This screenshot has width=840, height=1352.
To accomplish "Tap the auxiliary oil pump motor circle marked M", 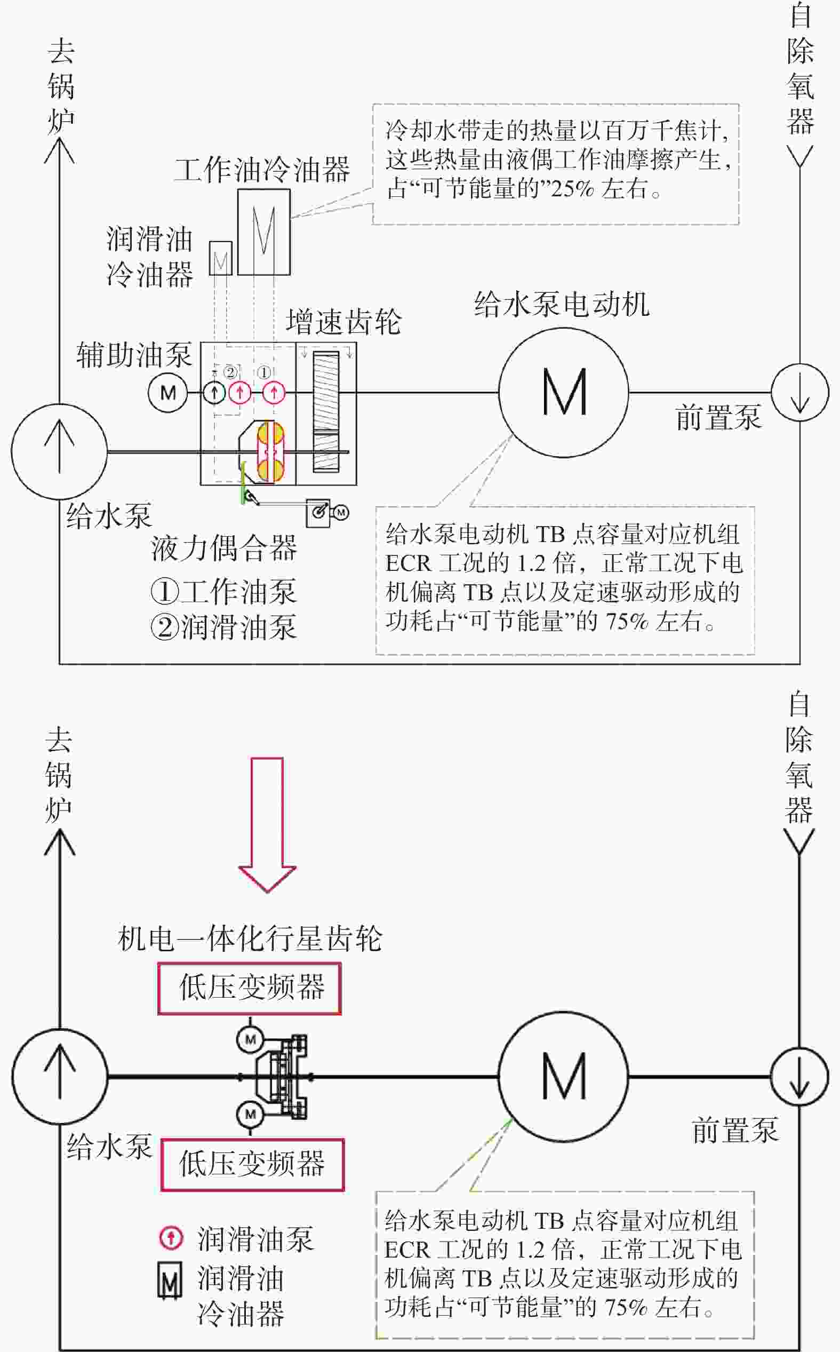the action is [x=168, y=393].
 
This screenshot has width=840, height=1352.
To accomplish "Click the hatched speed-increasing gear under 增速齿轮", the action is [x=325, y=412].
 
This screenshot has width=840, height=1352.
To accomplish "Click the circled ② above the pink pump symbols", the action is [x=230, y=372].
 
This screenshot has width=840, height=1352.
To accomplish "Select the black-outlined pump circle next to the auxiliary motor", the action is [x=214, y=393].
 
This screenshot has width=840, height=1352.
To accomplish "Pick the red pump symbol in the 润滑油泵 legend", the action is [x=171, y=1237].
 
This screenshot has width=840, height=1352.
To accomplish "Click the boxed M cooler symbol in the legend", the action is [x=170, y=1282].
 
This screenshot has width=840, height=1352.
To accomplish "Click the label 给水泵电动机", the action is [x=562, y=305].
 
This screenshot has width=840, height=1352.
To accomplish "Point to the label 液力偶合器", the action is [x=224, y=548].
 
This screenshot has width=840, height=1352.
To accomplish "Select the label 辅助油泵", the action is [x=134, y=355].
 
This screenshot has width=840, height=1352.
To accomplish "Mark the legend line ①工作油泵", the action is [x=224, y=591].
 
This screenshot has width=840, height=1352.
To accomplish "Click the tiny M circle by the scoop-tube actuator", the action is [x=341, y=512].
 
